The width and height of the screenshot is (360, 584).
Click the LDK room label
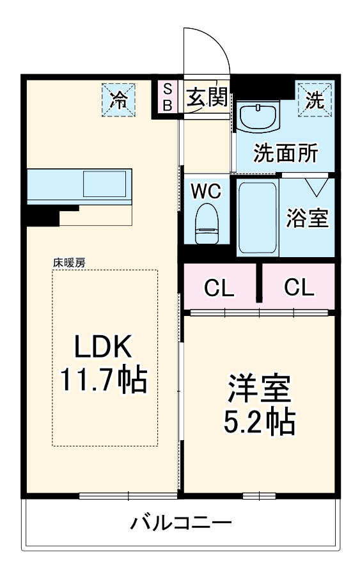pyautogui.click(x=104, y=347)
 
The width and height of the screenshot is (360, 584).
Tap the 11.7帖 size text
pyautogui.click(x=104, y=380)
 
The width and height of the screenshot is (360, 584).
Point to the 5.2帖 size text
pyautogui.click(x=259, y=422)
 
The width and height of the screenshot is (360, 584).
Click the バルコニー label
pyautogui.click(x=181, y=524)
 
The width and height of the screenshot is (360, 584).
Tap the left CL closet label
pyautogui.click(x=219, y=288)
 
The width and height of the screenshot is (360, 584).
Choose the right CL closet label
pyautogui.click(x=299, y=288)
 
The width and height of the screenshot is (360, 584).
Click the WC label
pyautogui.click(x=206, y=191)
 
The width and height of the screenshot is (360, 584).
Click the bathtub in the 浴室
pyautogui.click(x=257, y=217)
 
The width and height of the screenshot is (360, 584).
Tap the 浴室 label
pyautogui.click(x=308, y=218)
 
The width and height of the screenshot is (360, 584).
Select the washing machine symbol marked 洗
pyautogui.click(x=314, y=99)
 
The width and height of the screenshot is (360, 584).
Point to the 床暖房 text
pyautogui.click(x=69, y=262)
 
